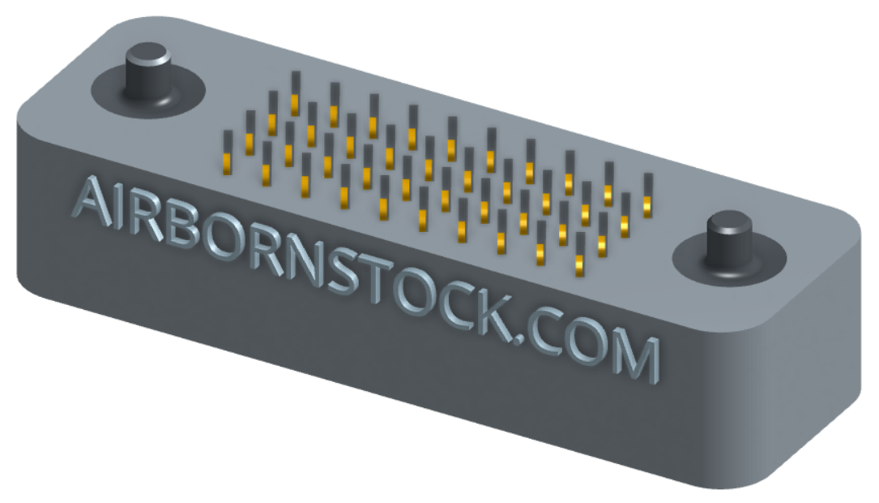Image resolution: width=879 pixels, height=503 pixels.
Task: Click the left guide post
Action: pos(147,74)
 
